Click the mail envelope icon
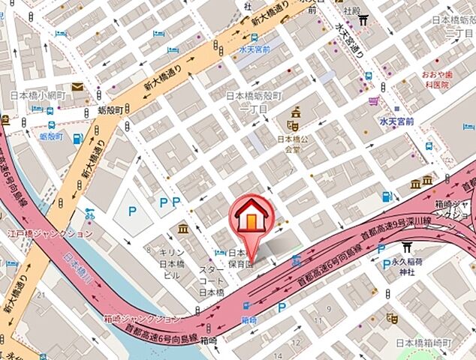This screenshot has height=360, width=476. [78, 87]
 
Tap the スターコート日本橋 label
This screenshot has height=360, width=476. [212, 280]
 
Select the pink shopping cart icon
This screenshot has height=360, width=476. [373, 100]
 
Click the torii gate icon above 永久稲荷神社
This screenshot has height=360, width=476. [408, 247]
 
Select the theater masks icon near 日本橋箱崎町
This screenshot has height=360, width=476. [390, 318]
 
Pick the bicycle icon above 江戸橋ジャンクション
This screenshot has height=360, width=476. [91, 214]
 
